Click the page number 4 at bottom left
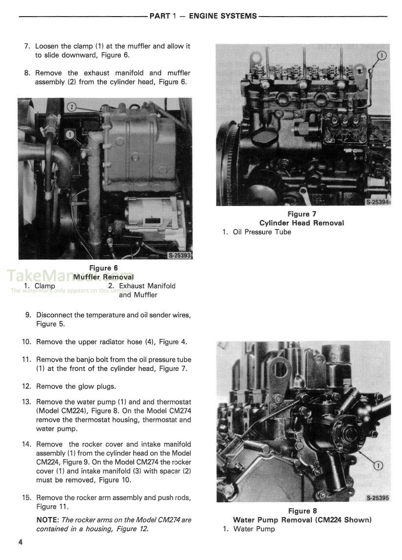point(20,542)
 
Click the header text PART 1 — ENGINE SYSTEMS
point(202,16)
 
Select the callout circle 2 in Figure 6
point(71,107)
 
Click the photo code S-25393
point(180,255)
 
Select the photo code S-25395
point(377,498)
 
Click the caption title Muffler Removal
point(103,277)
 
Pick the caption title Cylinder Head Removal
point(301,223)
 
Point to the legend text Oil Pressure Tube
point(262,232)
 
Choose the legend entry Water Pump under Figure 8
point(254,529)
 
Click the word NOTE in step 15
point(47,520)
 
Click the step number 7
point(27,46)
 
